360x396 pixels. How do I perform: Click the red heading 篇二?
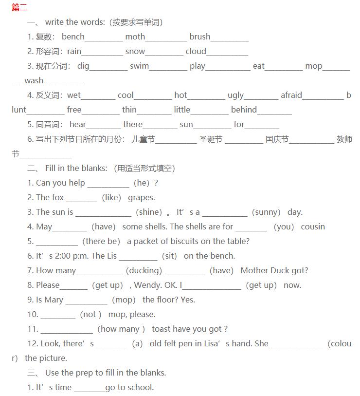(x=19, y=7)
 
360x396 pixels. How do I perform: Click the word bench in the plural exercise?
(x=73, y=37)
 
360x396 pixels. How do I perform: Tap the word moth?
(x=135, y=37)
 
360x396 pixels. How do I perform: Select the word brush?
(x=200, y=37)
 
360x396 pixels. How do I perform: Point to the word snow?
(x=135, y=51)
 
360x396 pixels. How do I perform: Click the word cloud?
(x=196, y=51)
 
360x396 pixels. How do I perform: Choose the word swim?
(x=139, y=66)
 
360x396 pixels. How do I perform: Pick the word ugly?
(x=235, y=95)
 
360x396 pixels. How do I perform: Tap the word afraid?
(x=291, y=95)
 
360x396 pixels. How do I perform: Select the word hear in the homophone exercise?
(x=77, y=124)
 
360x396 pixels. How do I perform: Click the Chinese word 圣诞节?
(x=211, y=139)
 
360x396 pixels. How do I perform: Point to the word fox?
(x=58, y=197)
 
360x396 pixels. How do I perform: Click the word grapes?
(x=141, y=198)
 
